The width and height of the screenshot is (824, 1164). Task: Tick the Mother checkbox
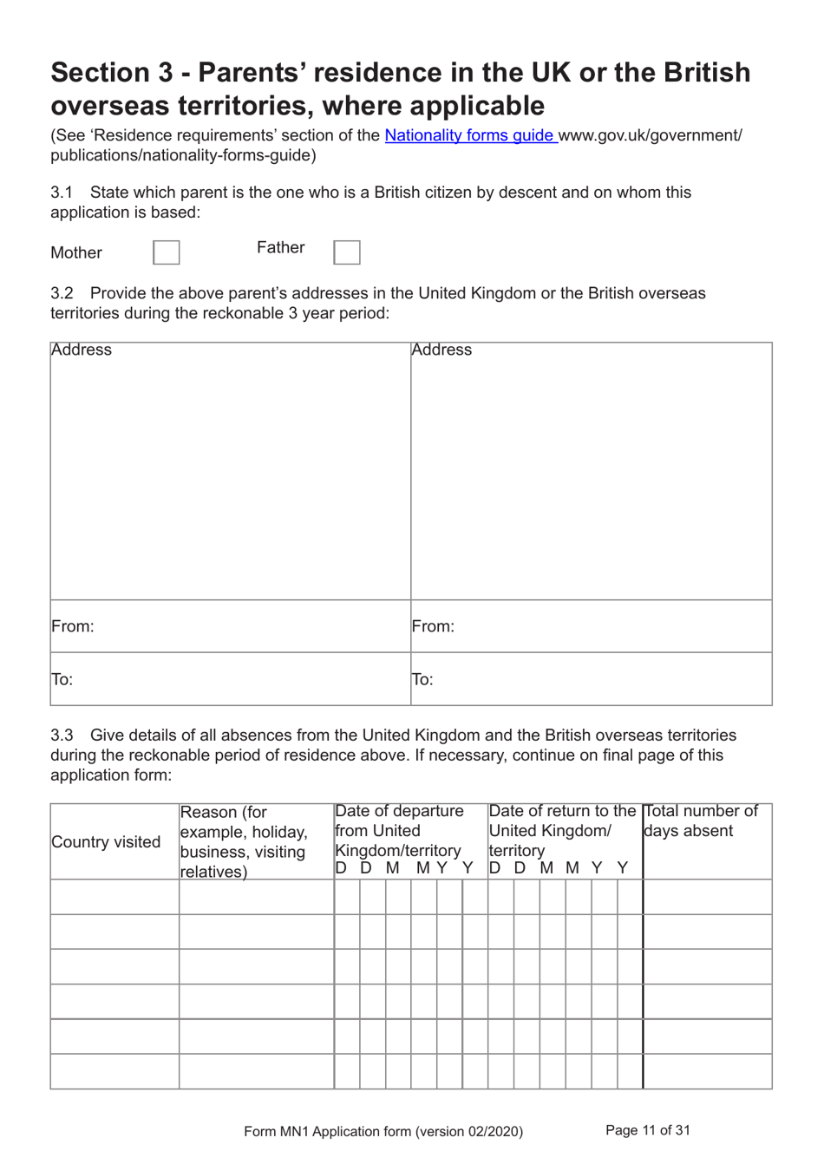coord(167,252)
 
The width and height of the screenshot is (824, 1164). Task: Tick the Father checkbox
coord(347,252)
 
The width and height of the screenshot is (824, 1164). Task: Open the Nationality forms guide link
coord(470,135)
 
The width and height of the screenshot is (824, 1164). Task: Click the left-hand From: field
coord(230,626)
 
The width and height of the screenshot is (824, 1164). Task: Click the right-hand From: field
coord(591,626)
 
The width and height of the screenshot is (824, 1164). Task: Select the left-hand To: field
coord(230,679)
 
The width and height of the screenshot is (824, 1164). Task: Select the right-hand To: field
coord(591,679)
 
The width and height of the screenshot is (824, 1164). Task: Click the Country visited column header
coord(107,842)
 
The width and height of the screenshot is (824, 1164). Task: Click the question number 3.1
coord(62,193)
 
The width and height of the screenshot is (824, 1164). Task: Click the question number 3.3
coord(62,736)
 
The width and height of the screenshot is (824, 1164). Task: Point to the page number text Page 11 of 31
coord(648,1130)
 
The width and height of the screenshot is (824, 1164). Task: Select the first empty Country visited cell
coord(114,897)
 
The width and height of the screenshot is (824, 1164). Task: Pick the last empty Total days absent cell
coord(707,1071)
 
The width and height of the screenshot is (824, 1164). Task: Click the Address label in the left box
coord(82,350)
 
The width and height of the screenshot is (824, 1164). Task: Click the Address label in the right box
coord(441,350)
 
